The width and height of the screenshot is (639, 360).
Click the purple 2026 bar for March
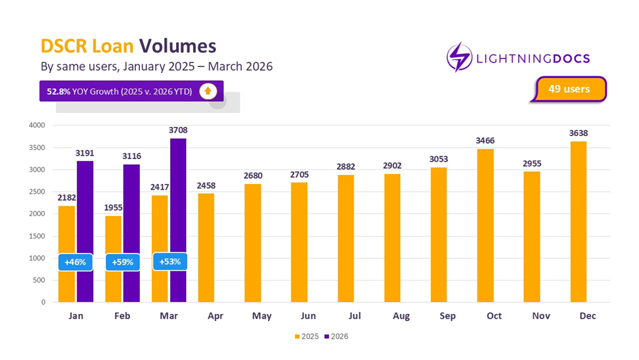coord(178,220)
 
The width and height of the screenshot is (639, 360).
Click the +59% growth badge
coord(123,262)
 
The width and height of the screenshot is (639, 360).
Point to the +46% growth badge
coord(76,262)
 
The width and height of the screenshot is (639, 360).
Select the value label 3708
coord(178,130)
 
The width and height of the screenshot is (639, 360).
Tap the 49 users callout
coord(569,89)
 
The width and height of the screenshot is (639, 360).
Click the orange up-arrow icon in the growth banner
coord(208,91)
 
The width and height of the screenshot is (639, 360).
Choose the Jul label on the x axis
coord(355,316)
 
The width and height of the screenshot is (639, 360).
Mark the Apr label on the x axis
coord(215,316)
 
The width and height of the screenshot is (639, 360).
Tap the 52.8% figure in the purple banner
coord(56,91)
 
